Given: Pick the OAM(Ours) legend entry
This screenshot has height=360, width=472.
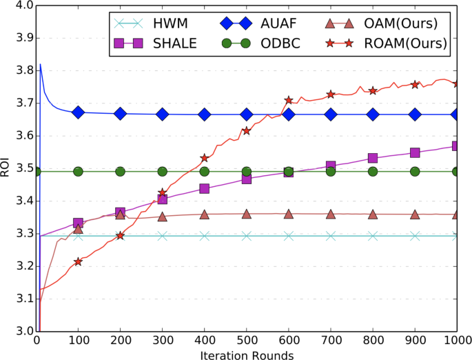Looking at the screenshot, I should click(x=398, y=23).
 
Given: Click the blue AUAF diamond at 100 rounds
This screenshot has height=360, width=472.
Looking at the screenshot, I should click(x=79, y=112).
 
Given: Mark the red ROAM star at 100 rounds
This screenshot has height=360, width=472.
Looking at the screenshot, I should click(x=79, y=261).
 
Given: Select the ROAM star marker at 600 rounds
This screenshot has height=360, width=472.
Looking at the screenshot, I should click(x=289, y=101).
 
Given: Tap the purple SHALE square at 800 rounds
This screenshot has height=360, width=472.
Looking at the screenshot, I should click(x=373, y=159).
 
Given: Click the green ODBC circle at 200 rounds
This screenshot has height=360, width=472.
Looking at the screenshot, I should click(x=121, y=172).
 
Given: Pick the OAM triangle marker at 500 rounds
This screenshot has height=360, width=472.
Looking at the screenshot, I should click(x=247, y=214).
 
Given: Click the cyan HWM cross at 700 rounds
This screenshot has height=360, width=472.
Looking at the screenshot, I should click(x=331, y=236).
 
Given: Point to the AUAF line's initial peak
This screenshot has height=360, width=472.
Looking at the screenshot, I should click(x=40, y=65).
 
